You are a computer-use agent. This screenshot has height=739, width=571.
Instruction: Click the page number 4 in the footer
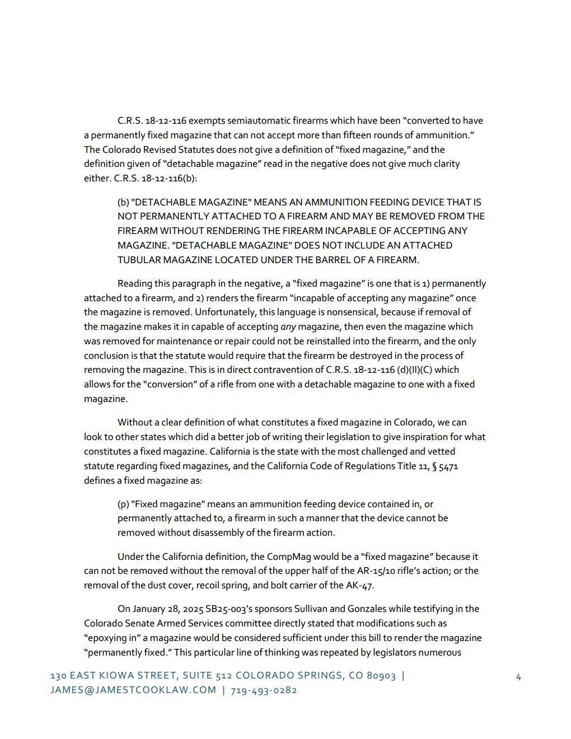[518, 677]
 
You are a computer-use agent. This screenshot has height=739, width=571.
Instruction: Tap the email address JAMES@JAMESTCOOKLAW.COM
[133, 690]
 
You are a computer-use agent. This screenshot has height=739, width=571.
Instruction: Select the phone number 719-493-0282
[264, 690]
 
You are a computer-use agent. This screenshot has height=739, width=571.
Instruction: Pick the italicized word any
[288, 326]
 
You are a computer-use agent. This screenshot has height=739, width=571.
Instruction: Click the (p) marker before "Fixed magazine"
[123, 504]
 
